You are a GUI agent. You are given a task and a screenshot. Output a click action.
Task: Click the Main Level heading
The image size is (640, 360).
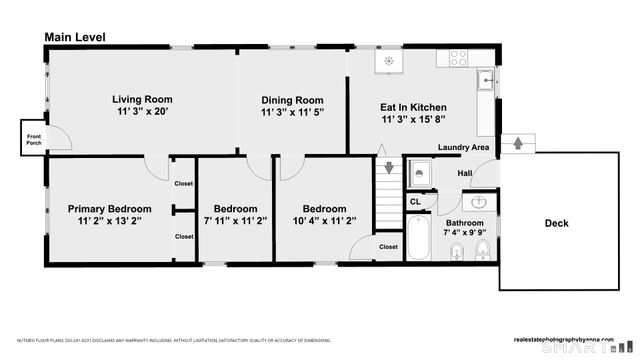75,37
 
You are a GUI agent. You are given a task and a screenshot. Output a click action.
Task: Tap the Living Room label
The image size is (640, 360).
142,99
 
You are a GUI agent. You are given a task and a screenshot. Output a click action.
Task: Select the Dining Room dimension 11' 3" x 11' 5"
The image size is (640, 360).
292,114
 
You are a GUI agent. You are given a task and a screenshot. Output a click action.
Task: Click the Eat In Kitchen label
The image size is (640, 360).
413,107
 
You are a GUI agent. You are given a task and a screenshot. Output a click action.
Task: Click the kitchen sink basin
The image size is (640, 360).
486,79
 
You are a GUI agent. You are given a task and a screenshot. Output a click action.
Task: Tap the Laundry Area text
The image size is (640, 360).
463,148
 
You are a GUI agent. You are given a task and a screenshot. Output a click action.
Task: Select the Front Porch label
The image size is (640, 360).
33,139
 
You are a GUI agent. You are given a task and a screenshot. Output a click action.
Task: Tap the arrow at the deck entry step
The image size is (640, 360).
517,143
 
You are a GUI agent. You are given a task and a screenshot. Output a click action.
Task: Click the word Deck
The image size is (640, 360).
556,223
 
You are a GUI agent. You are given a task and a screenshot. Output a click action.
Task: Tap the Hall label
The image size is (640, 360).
465,174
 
